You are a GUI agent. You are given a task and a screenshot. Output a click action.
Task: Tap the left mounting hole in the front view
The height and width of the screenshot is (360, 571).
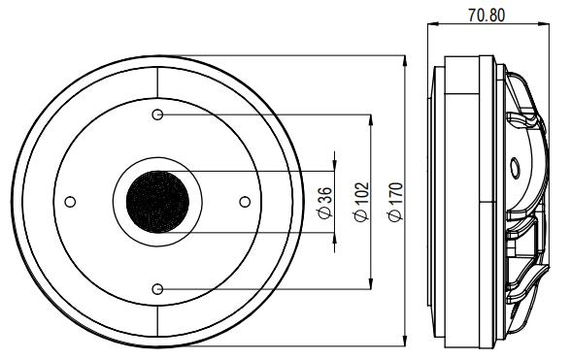(x=69, y=202)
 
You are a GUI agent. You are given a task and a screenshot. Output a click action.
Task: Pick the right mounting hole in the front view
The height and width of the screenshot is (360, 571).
(x=244, y=202)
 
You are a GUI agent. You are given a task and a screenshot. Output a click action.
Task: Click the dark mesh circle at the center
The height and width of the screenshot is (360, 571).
(x=156, y=202)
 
